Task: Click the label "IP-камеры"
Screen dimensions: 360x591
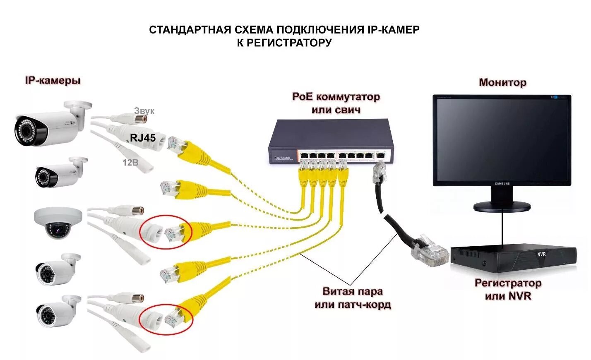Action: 53,80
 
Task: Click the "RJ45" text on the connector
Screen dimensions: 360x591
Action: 143,138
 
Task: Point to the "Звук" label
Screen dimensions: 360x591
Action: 144,111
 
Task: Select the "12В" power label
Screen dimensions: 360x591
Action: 130,163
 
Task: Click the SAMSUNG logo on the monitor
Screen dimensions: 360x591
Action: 502,184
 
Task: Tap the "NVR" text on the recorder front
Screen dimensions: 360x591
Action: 541,254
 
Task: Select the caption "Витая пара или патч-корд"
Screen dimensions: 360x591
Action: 352,298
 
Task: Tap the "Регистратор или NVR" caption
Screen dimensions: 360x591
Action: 507,289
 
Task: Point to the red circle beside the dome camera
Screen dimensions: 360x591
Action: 166,232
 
